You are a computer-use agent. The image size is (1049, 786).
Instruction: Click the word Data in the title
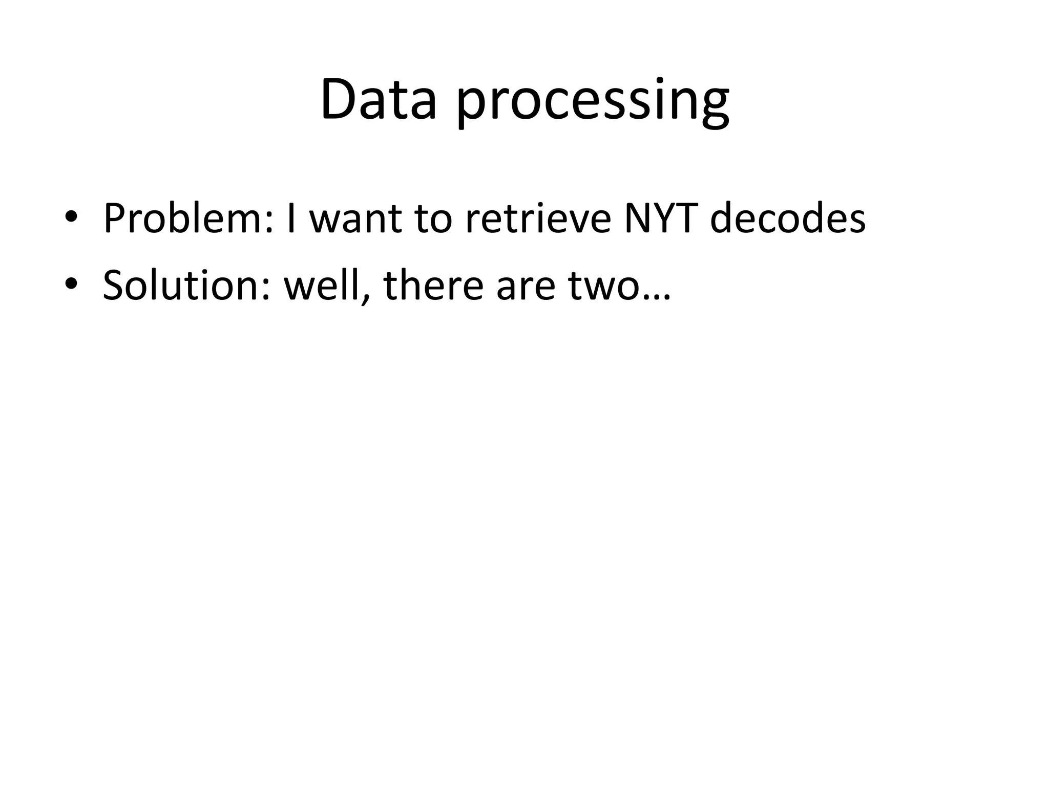(378, 100)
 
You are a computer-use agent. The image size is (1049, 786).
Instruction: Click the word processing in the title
(592, 102)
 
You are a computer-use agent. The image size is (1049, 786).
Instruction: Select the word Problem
(184, 219)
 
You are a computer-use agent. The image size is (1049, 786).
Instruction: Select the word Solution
(182, 285)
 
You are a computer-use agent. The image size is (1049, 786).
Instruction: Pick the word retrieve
(538, 219)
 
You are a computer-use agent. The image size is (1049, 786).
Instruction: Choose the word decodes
(788, 219)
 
